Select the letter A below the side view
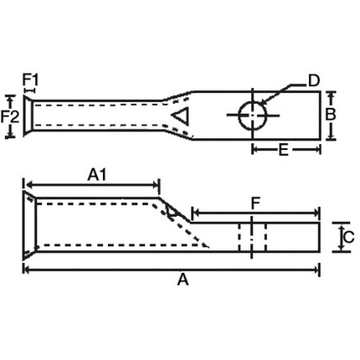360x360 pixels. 183,281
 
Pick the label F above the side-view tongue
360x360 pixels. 256,203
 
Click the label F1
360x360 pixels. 29,80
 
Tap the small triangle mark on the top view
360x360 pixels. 181,115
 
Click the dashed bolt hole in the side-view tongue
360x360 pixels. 251,235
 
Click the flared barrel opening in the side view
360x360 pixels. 29,225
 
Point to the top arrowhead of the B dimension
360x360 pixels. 331,95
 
